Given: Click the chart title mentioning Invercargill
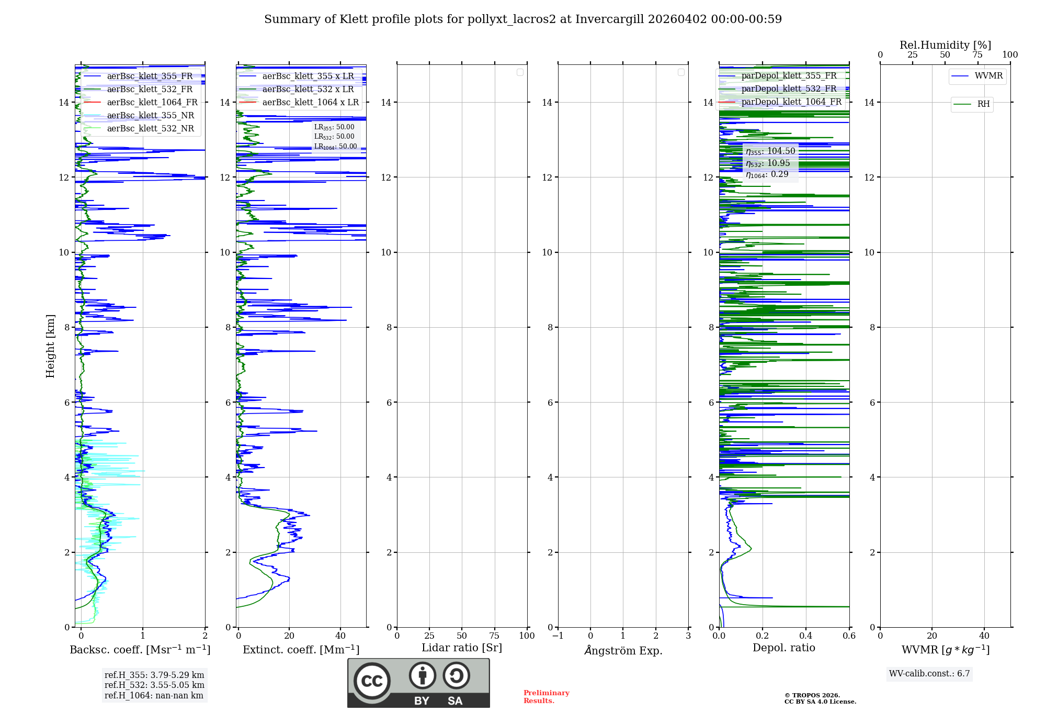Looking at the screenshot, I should [522, 19].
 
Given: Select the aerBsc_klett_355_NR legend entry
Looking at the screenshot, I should [150, 115].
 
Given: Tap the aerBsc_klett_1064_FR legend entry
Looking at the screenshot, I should [152, 102].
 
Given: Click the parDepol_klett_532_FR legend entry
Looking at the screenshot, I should [789, 88].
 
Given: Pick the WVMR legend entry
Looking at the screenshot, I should [988, 76].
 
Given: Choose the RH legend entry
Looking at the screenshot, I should [983, 104].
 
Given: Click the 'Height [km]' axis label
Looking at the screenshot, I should [50, 346].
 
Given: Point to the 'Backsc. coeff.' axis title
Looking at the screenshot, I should [140, 650].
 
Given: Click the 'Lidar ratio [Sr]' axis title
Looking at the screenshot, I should [462, 648].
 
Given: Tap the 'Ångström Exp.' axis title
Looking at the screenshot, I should [623, 650].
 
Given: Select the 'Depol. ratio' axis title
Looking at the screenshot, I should [783, 648].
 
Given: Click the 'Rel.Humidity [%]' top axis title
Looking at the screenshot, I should [945, 45].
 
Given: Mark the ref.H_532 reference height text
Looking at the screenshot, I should [154, 685].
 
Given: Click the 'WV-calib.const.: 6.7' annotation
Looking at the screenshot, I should [929, 673].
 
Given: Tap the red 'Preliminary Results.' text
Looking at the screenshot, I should [546, 696].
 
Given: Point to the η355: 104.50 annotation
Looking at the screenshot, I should [770, 151].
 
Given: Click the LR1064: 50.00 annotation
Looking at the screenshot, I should [335, 147].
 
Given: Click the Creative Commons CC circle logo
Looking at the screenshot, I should [372, 681].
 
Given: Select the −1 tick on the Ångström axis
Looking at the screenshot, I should [558, 636].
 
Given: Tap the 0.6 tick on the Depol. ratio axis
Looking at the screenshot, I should [849, 636].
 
